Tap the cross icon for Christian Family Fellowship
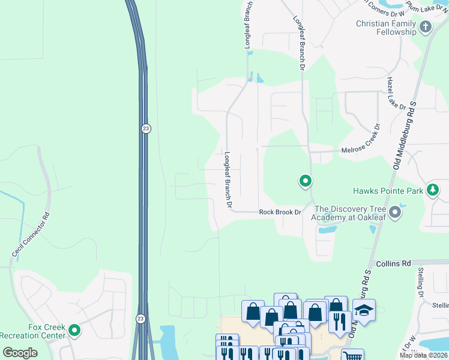426,26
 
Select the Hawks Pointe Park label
388,191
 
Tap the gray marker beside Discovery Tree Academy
394,212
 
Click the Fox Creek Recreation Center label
32,331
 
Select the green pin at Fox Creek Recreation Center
74,330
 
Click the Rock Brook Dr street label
280,212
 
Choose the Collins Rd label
393,263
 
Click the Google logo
20,353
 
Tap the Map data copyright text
423,355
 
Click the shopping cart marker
352,356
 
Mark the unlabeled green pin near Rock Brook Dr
305,180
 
